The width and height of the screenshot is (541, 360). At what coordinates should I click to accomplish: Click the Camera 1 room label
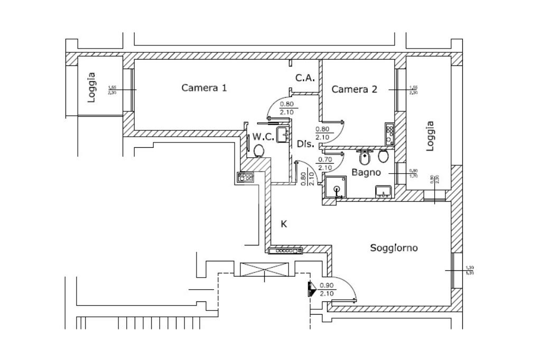click(204, 88)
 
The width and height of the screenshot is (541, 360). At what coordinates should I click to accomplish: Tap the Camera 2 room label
click(354, 89)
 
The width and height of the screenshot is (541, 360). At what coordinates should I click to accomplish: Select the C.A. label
click(305, 78)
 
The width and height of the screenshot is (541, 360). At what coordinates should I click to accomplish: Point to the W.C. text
click(263, 137)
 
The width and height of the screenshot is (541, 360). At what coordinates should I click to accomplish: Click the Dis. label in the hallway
click(305, 144)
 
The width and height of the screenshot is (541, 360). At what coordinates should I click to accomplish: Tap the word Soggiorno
click(394, 247)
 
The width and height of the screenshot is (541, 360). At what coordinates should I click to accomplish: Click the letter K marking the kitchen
click(284, 224)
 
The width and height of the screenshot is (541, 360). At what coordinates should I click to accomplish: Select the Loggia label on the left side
click(92, 87)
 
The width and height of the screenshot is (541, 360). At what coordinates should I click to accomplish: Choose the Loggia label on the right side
click(430, 136)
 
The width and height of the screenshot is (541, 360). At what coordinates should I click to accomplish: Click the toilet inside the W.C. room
click(259, 151)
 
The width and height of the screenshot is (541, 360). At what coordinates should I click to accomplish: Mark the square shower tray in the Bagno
click(336, 188)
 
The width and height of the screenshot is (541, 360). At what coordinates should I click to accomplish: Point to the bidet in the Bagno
click(365, 157)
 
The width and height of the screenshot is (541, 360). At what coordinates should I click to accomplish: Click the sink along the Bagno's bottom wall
click(383, 192)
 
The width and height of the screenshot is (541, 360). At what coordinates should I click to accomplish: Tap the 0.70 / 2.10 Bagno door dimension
click(325, 163)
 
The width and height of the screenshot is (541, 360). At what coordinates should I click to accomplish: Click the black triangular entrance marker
click(311, 288)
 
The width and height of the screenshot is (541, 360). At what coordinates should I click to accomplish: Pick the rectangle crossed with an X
click(265, 269)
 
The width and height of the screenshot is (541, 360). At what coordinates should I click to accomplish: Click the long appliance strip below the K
click(285, 251)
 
